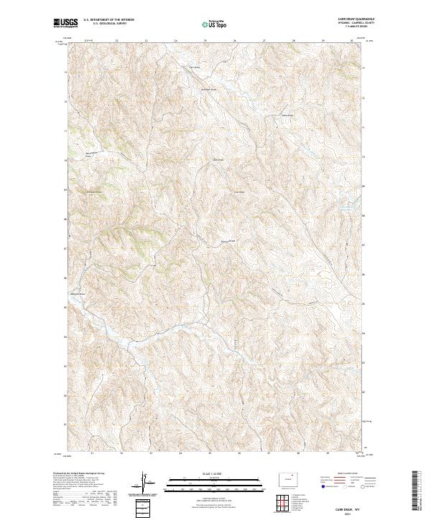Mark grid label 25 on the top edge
(x=205, y=41)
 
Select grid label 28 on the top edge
(x=293, y=41)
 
